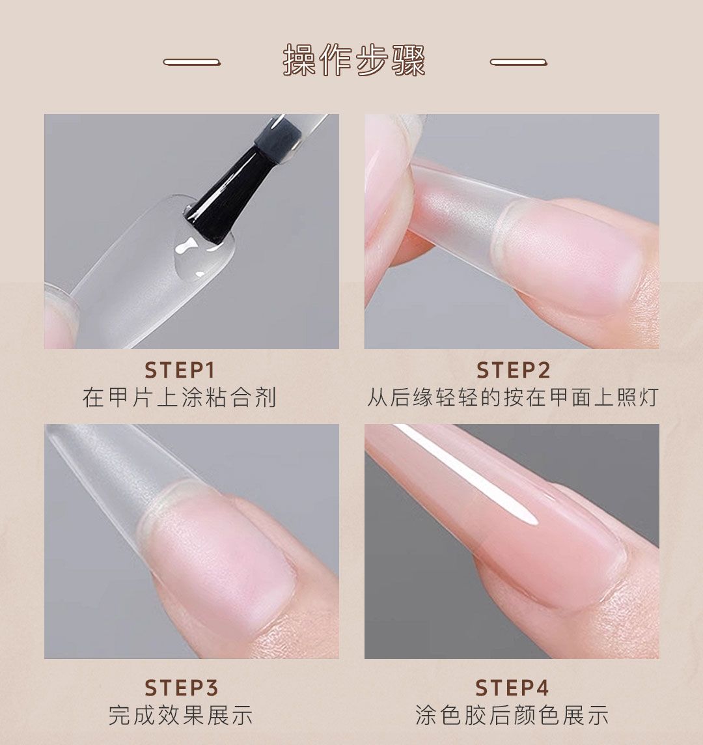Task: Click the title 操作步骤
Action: pos(354,61)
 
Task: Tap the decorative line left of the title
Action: pos(192,63)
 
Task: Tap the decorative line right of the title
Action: pos(518,63)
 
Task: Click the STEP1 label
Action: pos(180,371)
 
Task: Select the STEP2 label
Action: pos(513,371)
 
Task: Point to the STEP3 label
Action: pos(181,688)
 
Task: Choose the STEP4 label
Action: pos(512,688)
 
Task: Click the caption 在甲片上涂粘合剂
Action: pos(180,397)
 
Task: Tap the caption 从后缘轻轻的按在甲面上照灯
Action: pos(513,397)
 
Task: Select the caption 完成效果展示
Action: pos(180,715)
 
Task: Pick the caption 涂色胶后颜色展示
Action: pos(512,715)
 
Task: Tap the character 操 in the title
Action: pos(299,61)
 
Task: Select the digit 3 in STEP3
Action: pos(211,688)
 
